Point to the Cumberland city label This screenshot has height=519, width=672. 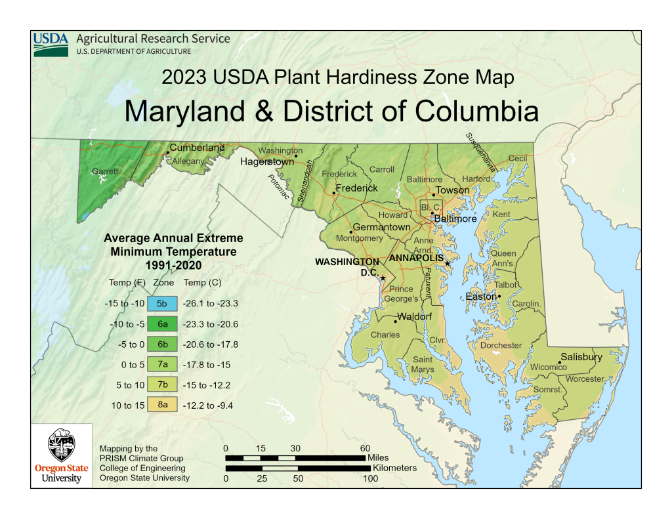point(197,148)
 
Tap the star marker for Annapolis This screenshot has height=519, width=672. point(447,264)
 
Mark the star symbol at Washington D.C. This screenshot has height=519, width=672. point(383,278)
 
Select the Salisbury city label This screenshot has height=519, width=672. point(581,357)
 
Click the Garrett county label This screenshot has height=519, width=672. point(105,171)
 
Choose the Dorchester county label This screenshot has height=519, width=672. point(501,345)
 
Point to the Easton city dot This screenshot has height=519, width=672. point(499,297)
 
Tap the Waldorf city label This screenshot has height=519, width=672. point(415,317)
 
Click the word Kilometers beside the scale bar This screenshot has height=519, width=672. point(394,468)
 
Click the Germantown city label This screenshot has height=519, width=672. point(381,227)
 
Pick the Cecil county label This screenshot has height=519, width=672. point(518,158)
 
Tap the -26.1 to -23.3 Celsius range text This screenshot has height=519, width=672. point(211,304)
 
